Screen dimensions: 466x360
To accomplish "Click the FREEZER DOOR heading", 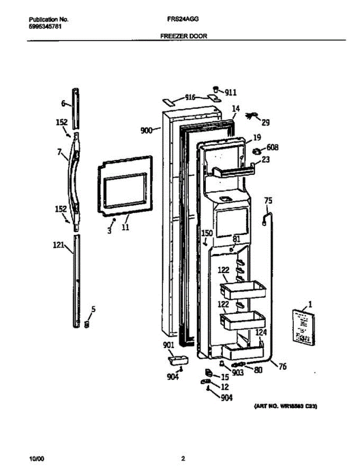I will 184,36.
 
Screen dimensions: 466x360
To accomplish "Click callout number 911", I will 231,92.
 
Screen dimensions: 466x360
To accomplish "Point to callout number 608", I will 272,148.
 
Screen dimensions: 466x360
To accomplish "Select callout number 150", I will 207,233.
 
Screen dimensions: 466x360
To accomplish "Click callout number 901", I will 169,345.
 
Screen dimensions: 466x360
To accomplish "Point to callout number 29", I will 265,123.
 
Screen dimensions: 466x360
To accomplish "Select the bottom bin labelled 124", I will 241,351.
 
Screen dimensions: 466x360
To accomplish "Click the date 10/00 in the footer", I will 36,458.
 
